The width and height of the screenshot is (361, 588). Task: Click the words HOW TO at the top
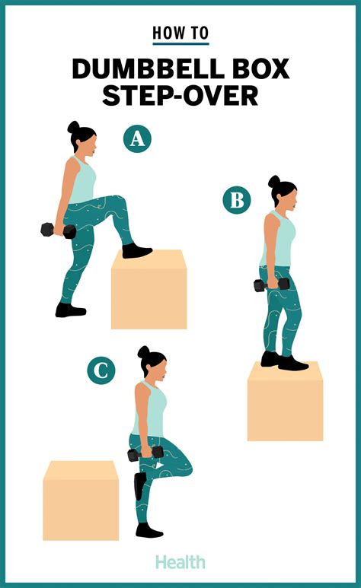point(180,33)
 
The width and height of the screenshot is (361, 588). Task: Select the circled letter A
point(138,138)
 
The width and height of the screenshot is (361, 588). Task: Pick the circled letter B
point(236,201)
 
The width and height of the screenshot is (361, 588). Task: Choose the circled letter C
point(101,370)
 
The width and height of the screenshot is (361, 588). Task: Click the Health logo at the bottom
point(180,562)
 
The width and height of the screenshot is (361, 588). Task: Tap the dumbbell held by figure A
point(58,230)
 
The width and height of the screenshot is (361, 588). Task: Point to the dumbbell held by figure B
point(272,285)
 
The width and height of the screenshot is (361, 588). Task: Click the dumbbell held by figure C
point(145,454)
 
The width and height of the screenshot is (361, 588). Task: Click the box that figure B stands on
point(285,401)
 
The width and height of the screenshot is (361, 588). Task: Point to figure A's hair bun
point(74,127)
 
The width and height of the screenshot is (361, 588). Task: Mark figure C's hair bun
point(143,351)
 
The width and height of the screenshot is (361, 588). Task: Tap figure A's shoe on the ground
point(70,310)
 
